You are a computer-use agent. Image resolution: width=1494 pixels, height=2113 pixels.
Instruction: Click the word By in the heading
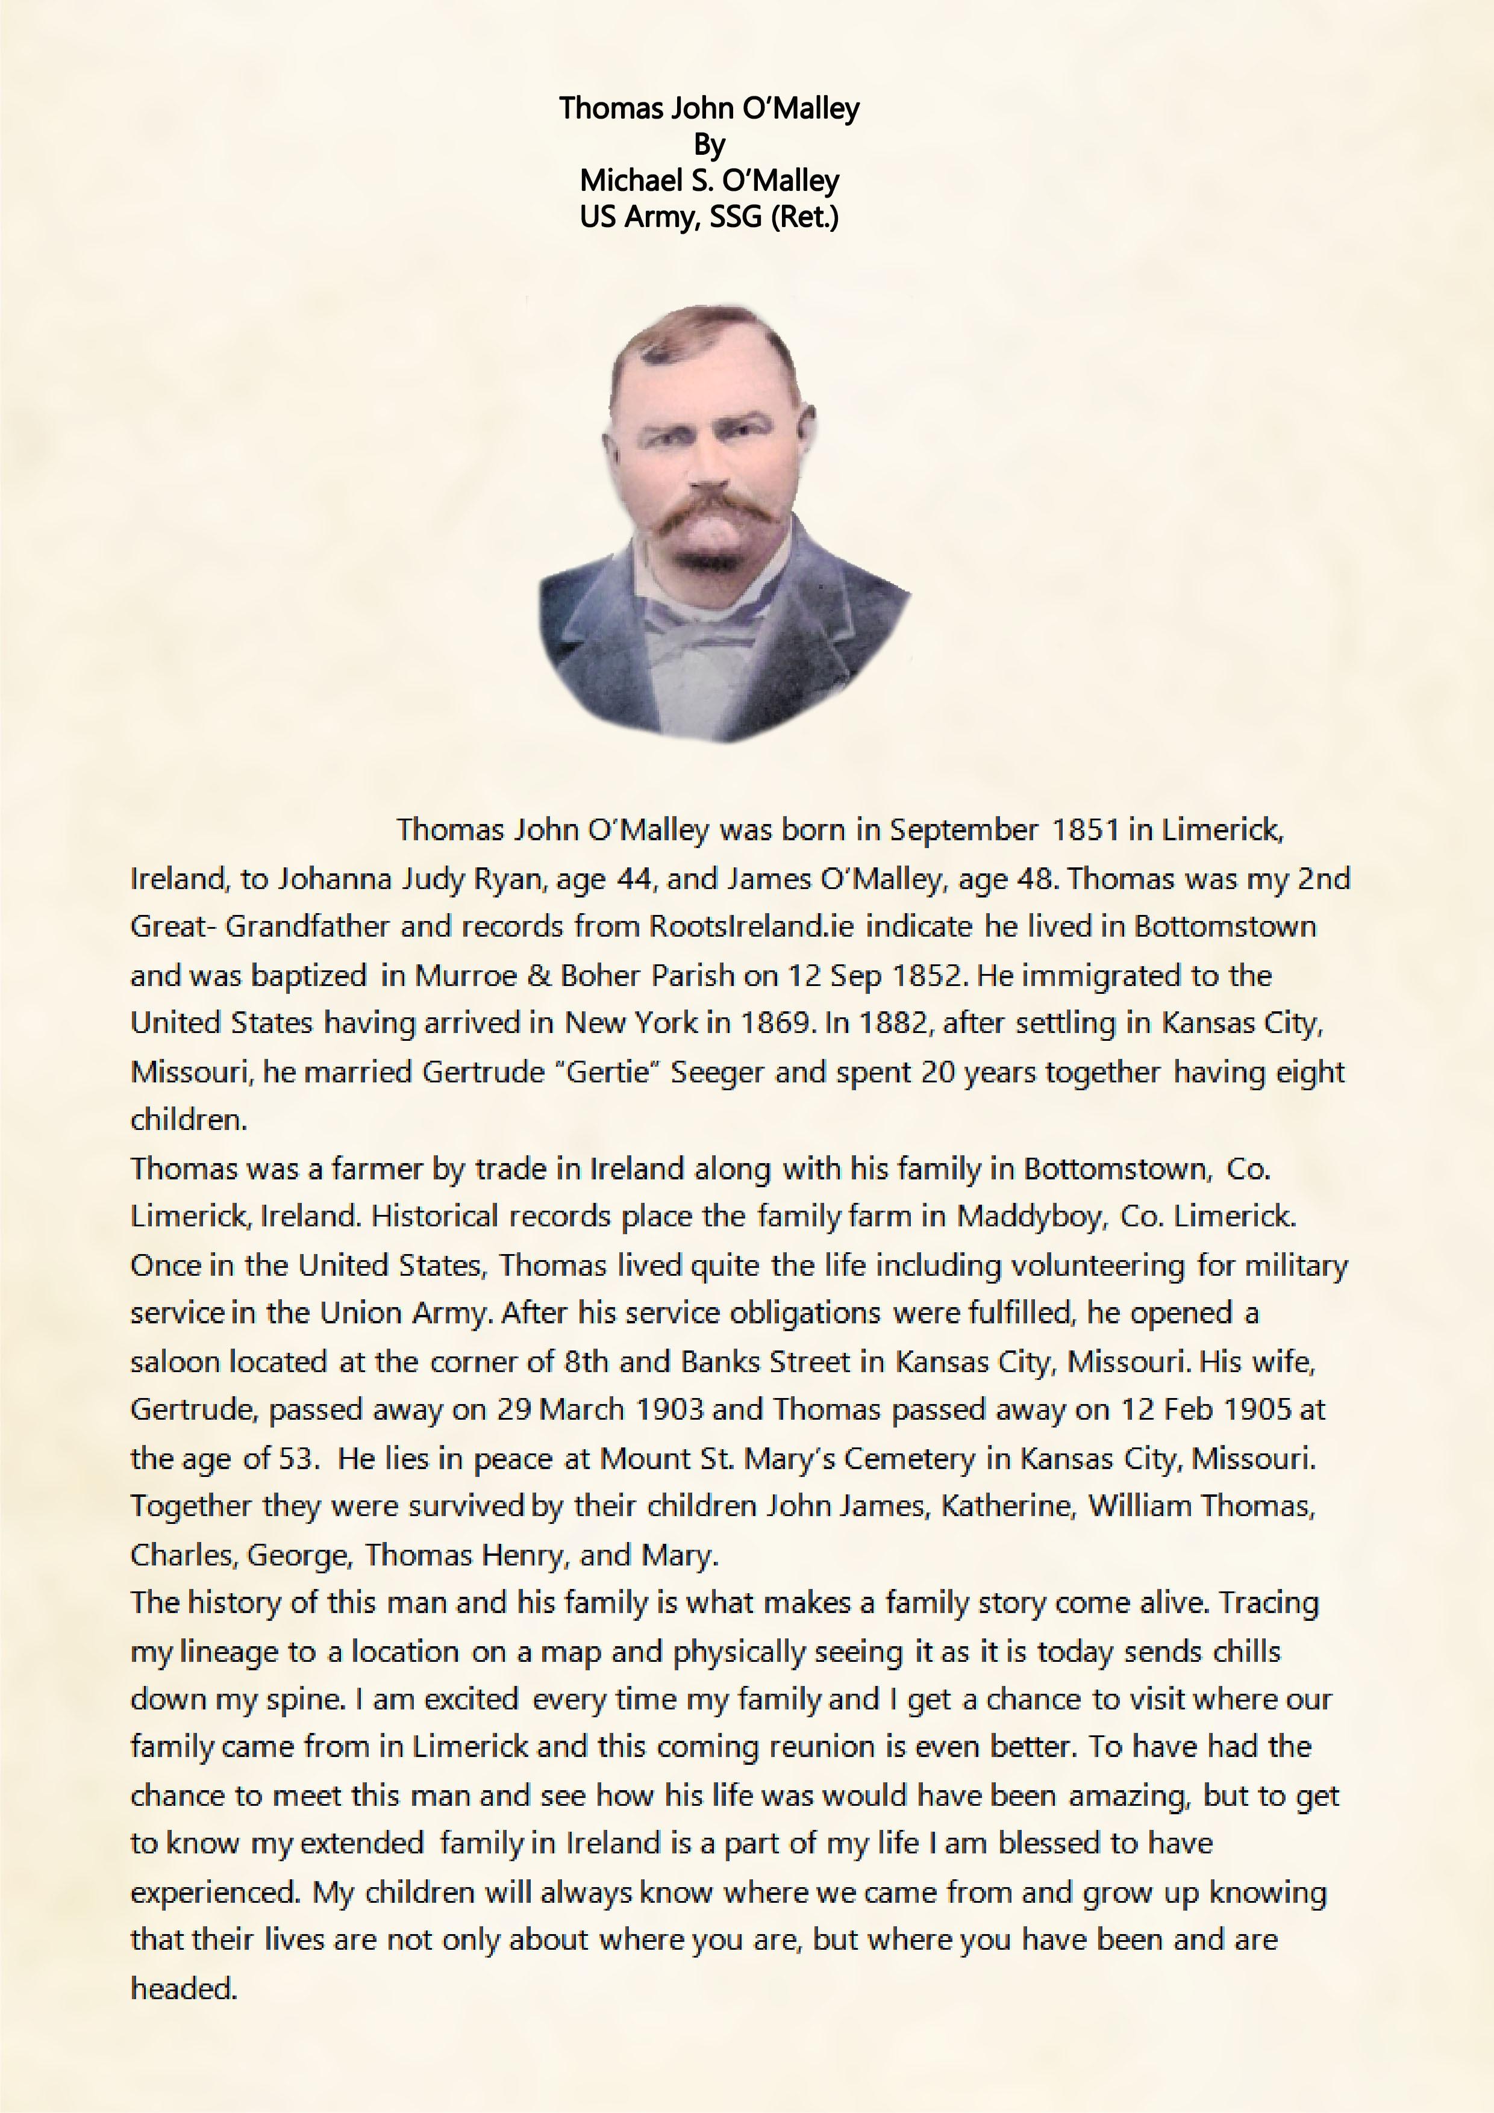pos(709,145)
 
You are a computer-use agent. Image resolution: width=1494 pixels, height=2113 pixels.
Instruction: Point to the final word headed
pos(183,1989)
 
